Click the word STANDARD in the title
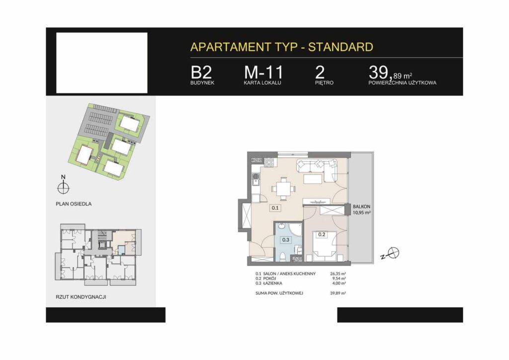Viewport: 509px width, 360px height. [340, 47]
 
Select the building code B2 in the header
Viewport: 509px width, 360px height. [201, 73]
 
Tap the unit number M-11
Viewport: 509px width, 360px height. [263, 73]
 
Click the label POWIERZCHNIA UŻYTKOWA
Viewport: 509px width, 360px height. [402, 83]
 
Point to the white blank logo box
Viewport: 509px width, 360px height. [101, 63]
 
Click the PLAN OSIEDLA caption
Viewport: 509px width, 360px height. [74, 204]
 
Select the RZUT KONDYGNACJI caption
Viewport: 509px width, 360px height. [81, 297]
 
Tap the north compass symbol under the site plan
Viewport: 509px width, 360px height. [63, 187]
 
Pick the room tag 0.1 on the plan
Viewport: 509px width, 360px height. [275, 208]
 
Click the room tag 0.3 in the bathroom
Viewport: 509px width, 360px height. [286, 240]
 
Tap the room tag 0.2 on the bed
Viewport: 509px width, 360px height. [322, 234]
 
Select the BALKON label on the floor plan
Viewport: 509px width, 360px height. [361, 206]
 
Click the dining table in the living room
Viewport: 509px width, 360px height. [283, 188]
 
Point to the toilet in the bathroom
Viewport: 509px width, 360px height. [283, 257]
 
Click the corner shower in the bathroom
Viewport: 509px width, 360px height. [296, 229]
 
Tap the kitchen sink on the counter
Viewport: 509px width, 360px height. [256, 179]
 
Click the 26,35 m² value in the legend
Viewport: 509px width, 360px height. [338, 273]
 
